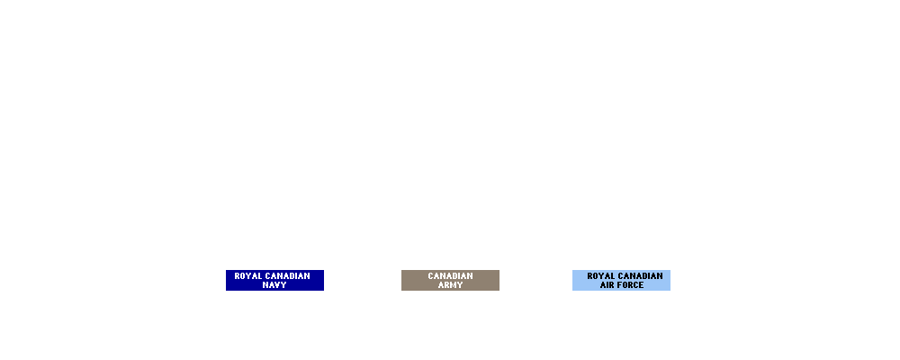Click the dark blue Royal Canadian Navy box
pos(274,280)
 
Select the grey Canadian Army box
pos(450,280)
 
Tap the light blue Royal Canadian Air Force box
pos(621,280)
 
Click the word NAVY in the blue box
pos(274,285)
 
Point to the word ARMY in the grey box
pos(450,285)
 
